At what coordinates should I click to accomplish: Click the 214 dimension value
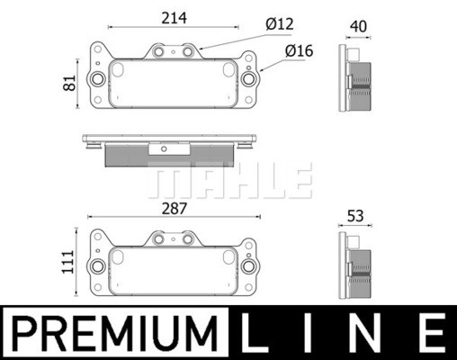[x=174, y=18]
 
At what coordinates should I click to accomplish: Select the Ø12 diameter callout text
[x=280, y=23]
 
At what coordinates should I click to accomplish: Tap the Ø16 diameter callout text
[x=299, y=50]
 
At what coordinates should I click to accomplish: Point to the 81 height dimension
[x=69, y=83]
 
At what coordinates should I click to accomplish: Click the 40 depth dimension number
[x=358, y=26]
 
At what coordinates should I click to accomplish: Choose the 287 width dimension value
[x=175, y=209]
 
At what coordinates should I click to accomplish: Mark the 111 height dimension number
[x=67, y=262]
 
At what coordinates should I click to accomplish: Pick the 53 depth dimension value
[x=355, y=216]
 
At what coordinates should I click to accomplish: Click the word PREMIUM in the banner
[x=115, y=333]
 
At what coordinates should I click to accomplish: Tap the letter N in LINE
[x=364, y=333]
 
